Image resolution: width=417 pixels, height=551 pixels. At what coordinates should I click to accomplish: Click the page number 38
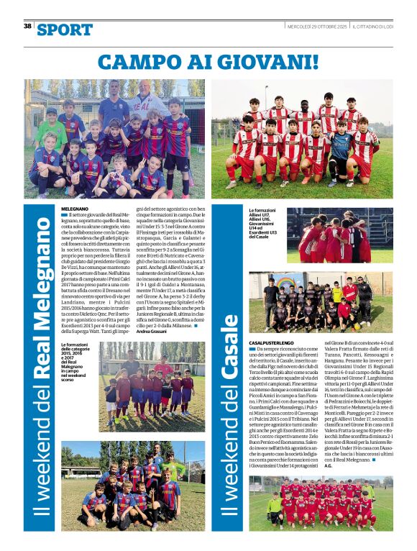point(27,26)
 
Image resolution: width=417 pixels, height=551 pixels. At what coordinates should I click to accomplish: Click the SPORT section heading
point(65,29)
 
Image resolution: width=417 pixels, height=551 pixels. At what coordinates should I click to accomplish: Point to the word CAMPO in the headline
point(149,60)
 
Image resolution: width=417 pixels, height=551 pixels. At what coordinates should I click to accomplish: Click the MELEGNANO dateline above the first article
point(75,207)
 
